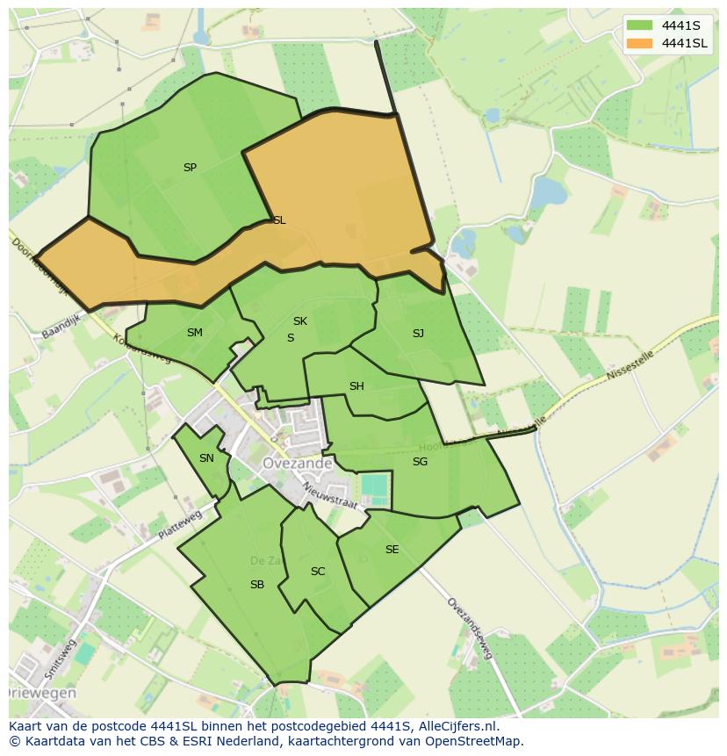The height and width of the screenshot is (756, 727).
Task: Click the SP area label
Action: (x=190, y=168)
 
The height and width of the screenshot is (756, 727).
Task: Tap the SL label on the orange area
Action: (x=279, y=220)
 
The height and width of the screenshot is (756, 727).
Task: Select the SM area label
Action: (x=195, y=333)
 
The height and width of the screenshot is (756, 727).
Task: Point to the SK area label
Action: (x=300, y=321)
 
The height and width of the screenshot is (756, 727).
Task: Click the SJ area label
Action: (x=418, y=334)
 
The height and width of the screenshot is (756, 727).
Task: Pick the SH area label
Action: (x=356, y=386)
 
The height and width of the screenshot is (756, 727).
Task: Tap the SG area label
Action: (x=420, y=462)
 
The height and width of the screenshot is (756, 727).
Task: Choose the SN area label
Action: (x=206, y=458)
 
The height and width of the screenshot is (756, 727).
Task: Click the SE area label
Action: (x=392, y=550)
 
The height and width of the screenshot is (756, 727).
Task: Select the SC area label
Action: (x=318, y=572)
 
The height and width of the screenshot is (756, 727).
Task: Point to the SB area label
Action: (x=257, y=585)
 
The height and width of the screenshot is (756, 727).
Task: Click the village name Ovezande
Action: (x=298, y=463)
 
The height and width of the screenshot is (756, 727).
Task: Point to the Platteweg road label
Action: (x=180, y=525)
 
